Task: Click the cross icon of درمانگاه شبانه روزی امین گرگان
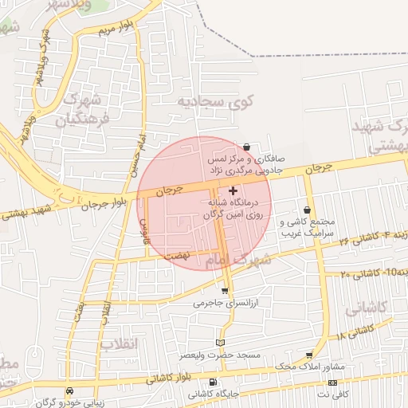tap(233, 191)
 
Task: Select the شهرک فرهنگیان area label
tap(77, 109)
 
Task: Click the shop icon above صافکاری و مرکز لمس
tap(248, 147)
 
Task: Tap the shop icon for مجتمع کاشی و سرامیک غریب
tap(307, 210)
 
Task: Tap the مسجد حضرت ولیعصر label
tap(241, 354)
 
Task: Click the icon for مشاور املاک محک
tap(309, 355)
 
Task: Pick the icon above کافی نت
tap(332, 383)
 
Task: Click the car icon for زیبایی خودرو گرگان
tap(71, 391)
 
